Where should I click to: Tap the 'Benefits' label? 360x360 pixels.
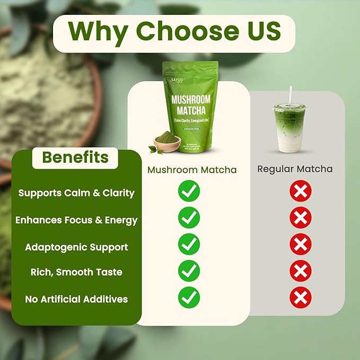[x=75, y=157]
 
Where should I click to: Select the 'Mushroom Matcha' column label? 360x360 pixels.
[x=192, y=170]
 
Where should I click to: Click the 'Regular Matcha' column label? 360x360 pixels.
[x=295, y=169]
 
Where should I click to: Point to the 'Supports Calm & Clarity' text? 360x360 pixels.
[x=76, y=193]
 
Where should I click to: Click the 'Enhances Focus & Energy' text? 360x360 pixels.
[x=76, y=220]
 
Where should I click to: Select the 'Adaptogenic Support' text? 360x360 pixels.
[x=76, y=247]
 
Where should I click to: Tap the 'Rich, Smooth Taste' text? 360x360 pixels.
[x=76, y=272]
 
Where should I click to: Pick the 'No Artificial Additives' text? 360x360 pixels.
[x=76, y=299]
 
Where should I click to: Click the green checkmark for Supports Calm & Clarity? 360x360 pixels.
[x=189, y=191]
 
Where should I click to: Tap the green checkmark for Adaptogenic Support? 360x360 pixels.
[x=189, y=244]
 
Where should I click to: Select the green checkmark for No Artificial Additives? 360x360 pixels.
[x=189, y=297]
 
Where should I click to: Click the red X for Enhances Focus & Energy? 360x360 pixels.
[x=300, y=218]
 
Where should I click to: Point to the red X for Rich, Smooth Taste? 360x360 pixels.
[x=300, y=271]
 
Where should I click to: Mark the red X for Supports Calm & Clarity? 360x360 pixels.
[x=300, y=191]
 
